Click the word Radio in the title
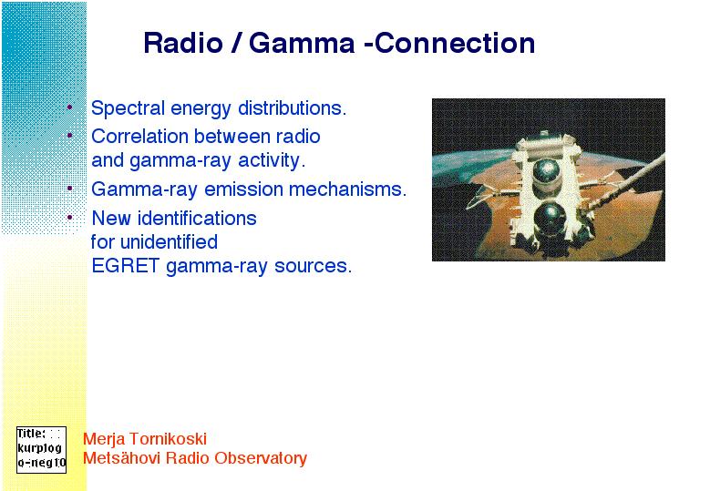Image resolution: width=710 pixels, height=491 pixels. (x=183, y=44)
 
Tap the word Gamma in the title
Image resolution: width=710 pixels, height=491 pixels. (x=302, y=44)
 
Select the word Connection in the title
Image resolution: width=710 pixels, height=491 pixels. (x=455, y=44)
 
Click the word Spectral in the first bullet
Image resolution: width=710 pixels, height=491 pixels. (x=128, y=108)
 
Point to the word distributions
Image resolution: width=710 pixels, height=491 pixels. (x=292, y=108)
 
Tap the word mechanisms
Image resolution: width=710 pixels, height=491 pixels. (x=348, y=189)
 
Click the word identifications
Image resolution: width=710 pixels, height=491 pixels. (x=197, y=219)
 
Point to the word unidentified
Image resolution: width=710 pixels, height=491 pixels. (x=169, y=242)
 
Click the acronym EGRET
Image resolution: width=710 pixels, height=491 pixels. (x=126, y=266)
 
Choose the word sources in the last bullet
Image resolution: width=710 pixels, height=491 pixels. (x=313, y=266)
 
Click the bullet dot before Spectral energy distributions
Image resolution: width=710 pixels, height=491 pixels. (x=70, y=107)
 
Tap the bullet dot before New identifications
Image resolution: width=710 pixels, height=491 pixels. (x=70, y=218)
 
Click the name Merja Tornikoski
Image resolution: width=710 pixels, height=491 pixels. (x=145, y=438)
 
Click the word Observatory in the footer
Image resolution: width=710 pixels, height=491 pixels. (x=261, y=458)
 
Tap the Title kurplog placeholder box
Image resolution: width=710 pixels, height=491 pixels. (x=41, y=450)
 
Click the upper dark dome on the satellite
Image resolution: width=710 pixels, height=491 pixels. (x=546, y=173)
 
